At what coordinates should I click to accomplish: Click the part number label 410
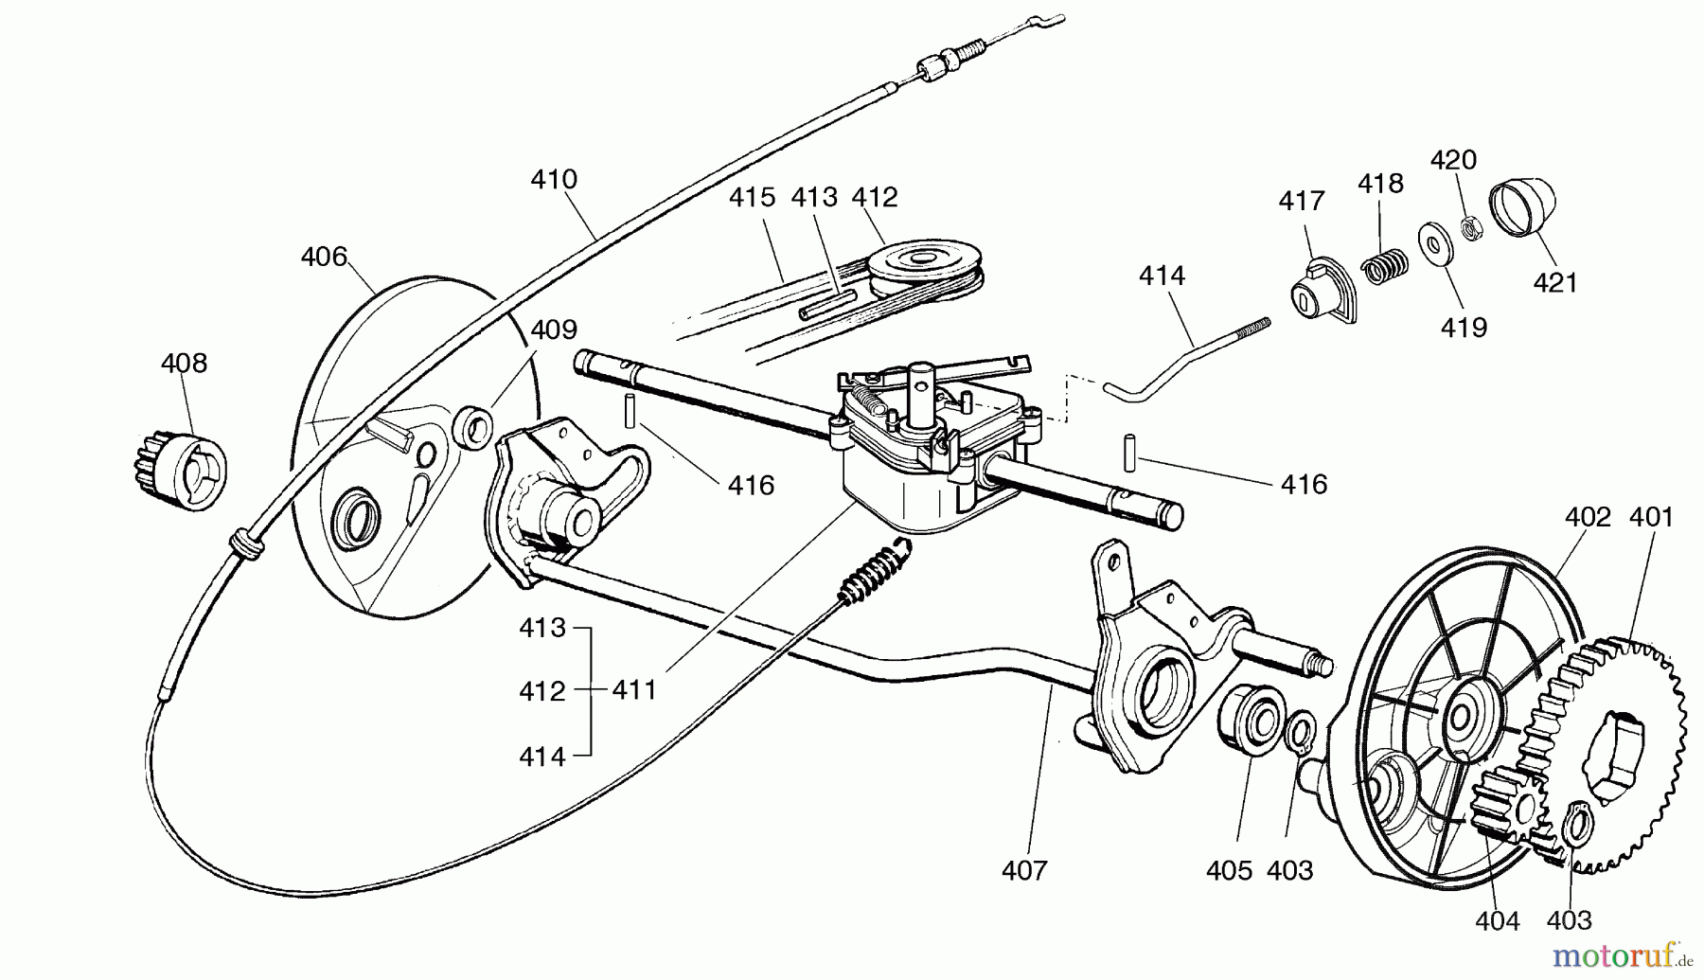coord(554,180)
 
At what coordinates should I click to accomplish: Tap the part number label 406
coord(324,257)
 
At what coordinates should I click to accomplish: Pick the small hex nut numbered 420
coord(1472,227)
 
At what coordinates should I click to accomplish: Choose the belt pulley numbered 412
coord(921,264)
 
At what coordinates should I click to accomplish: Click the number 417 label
coord(1302,202)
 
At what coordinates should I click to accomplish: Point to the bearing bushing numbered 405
coord(1251,724)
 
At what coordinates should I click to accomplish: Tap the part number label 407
coord(1024,870)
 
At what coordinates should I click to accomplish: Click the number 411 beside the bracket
coord(634,691)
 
